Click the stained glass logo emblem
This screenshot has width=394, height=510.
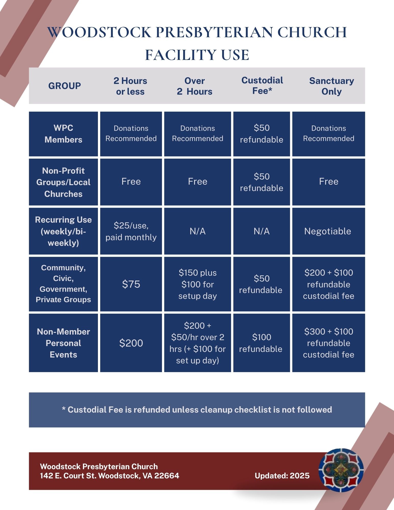pos(341,470)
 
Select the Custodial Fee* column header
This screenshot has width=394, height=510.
pos(262,85)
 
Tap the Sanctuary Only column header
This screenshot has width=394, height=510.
pos(331,86)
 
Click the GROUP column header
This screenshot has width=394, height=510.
pos(65,86)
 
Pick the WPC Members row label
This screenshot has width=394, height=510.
pos(63,134)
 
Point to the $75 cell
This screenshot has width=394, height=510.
pos(131,284)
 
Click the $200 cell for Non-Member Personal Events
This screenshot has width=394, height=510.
pos(131,343)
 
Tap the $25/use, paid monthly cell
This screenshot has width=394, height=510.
pos(131,231)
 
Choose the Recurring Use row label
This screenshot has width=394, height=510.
pos(63,231)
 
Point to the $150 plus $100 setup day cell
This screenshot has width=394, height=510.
pos(197,284)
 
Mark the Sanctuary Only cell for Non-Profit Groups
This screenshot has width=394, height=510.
pos(328,182)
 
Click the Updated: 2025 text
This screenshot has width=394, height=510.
pos(282,476)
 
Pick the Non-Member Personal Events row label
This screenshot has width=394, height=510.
pos(63,343)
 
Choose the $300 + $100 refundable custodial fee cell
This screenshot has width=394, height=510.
pos(328,343)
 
